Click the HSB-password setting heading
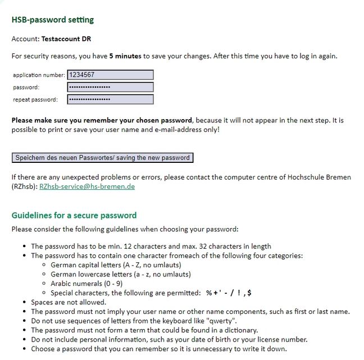(x=53, y=20)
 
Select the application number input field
(x=110, y=75)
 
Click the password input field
(x=110, y=87)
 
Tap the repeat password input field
(x=110, y=99)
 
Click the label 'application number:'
(x=39, y=75)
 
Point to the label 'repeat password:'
(x=35, y=100)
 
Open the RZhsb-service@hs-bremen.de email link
(x=87, y=186)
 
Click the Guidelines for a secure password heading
(x=74, y=216)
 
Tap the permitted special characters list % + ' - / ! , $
(x=228, y=293)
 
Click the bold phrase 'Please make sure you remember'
(x=66, y=120)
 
